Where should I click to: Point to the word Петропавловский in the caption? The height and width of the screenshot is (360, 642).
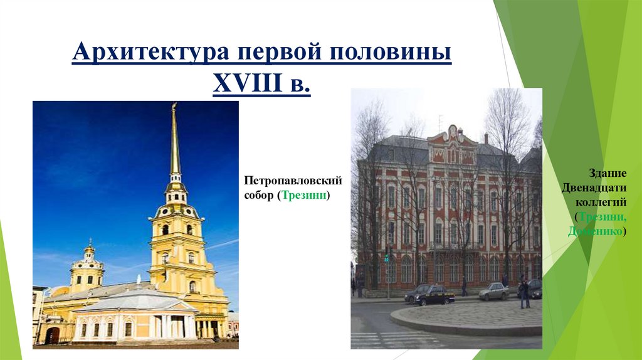293,181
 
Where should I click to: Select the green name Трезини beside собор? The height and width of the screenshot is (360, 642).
303,196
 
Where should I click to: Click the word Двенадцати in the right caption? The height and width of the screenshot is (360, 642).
598,188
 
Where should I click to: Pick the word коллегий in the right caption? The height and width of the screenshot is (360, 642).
601,202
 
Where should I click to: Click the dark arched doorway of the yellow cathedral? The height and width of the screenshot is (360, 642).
53,335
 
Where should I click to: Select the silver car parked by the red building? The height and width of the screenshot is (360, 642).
495,291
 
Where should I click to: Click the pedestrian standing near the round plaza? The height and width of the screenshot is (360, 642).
525,294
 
